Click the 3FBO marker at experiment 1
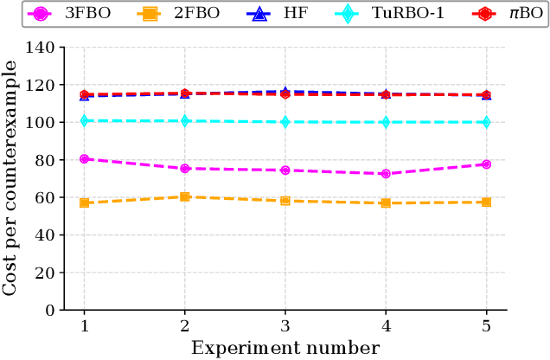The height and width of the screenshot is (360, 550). tap(84, 159)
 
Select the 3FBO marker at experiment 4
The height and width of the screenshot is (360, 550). tap(386, 174)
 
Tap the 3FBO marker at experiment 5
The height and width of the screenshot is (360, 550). tap(486, 164)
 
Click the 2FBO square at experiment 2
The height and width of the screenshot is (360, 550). tap(184, 197)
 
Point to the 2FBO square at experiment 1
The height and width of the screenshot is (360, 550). tap(84, 202)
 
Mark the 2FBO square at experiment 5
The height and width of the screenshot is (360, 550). tap(486, 202)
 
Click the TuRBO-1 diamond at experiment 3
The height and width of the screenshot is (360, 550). tap(285, 122)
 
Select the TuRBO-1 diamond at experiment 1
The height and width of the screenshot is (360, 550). tap(84, 121)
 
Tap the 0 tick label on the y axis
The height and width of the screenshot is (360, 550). tap(50, 310)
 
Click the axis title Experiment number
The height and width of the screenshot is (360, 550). tap(285, 348)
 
